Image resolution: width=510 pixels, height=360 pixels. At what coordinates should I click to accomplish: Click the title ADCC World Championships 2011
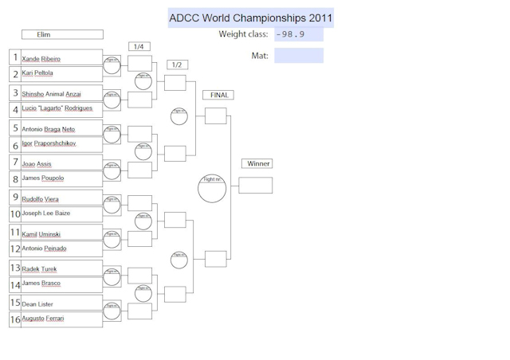click(x=251, y=18)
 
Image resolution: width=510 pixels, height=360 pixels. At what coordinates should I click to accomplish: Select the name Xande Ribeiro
click(x=41, y=59)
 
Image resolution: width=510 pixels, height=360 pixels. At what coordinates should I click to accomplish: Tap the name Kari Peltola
click(x=38, y=73)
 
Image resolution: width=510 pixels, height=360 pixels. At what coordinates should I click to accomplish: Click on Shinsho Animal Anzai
click(x=52, y=94)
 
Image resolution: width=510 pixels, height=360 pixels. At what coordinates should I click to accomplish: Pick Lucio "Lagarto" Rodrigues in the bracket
click(x=57, y=108)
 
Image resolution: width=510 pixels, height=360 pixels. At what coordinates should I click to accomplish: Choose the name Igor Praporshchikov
click(x=49, y=143)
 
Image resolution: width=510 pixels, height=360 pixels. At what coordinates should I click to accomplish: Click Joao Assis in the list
click(x=37, y=164)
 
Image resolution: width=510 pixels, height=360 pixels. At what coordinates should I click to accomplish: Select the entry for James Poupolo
click(x=43, y=178)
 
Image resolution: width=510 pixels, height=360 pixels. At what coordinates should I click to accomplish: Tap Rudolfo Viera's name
click(x=41, y=199)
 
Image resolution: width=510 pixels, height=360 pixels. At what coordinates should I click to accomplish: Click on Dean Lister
click(x=37, y=304)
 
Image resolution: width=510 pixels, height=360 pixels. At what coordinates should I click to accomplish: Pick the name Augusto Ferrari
click(x=43, y=319)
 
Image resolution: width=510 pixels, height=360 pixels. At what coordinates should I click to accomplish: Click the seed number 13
click(x=15, y=268)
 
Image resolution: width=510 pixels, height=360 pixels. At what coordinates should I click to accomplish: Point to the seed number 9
click(x=15, y=198)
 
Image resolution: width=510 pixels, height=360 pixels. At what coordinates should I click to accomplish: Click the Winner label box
click(x=257, y=164)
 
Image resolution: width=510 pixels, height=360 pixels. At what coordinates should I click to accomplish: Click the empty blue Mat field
click(x=299, y=56)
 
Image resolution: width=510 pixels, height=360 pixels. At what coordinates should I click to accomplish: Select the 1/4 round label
click(x=139, y=46)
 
